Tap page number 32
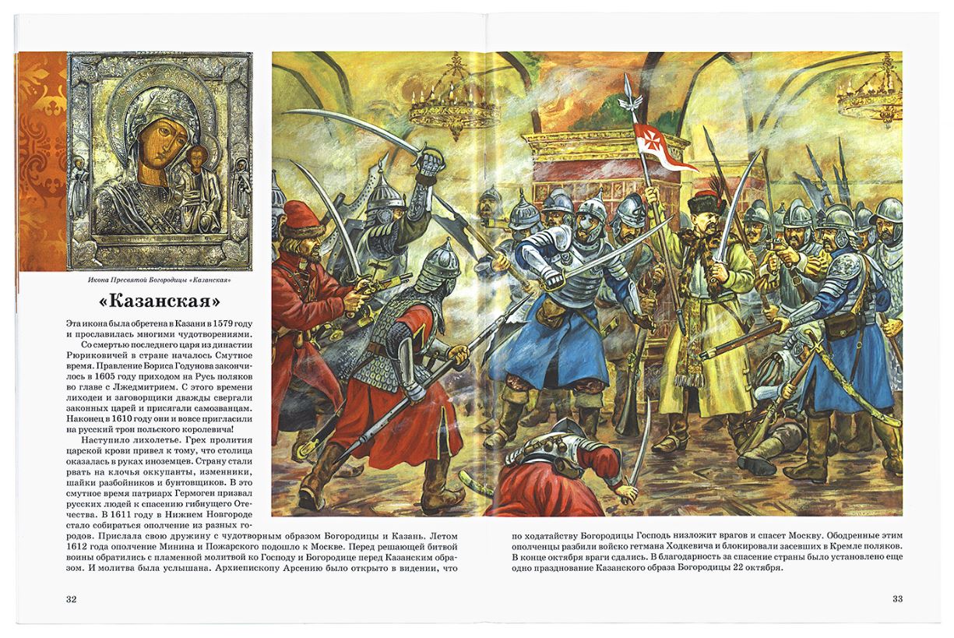71,598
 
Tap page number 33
897,598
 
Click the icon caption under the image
160,279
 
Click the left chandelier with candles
453,97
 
